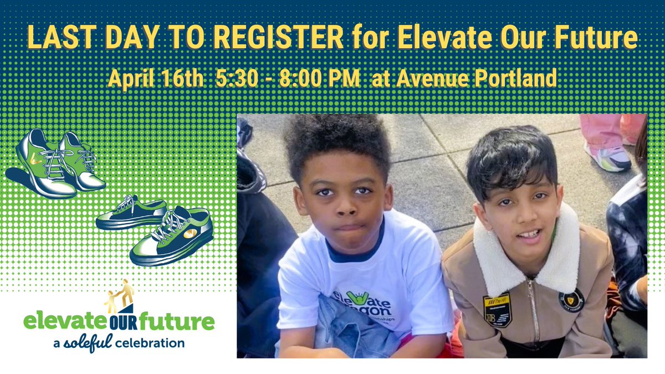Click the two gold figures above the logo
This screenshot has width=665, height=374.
(120, 295)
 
